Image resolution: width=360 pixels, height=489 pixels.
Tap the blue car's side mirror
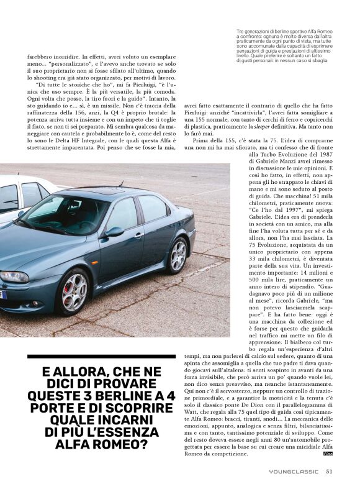pos(114,232)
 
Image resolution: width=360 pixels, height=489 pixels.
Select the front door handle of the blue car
pos(138,235)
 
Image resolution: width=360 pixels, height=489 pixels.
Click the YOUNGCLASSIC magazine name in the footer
pos(295,471)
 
